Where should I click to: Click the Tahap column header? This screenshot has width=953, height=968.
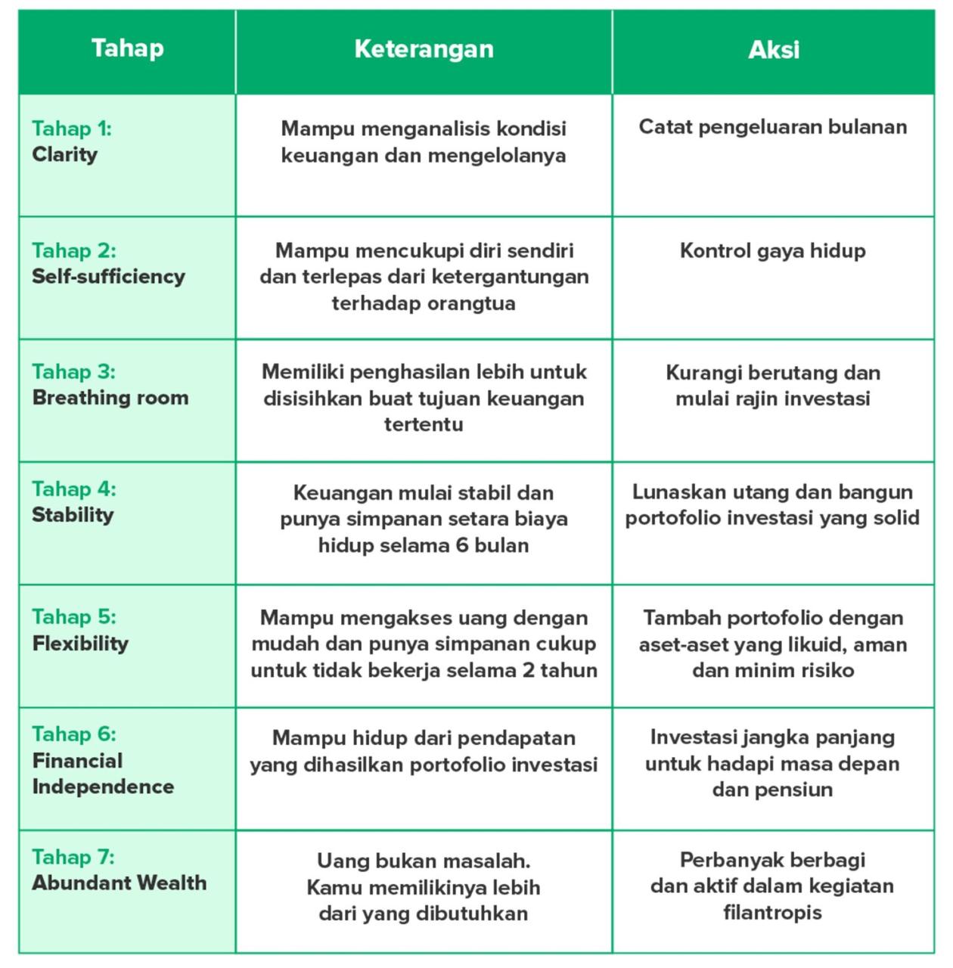pos(127,48)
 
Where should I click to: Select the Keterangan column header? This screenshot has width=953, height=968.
pos(424,49)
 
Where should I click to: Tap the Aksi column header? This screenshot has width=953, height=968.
pos(773,50)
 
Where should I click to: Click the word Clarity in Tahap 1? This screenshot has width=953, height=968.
pos(64,154)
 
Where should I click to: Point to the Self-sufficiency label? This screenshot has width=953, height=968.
pos(108,276)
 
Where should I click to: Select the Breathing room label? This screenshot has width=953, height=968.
pos(110,398)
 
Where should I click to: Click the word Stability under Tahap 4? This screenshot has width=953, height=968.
pos(73,515)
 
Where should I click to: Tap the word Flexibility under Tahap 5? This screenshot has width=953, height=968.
pos(80,644)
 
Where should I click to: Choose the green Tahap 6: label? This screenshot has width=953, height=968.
pos(74,734)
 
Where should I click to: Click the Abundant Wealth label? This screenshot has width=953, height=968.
pos(119,883)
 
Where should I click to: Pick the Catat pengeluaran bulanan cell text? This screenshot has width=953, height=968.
pos(772,126)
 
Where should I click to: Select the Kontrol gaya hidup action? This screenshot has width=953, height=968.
pos(772,250)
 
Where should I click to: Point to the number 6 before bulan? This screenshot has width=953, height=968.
pos(462,545)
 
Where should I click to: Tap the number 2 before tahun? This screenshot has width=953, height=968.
pos(528,670)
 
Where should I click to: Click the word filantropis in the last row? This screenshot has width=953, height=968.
pos(772,912)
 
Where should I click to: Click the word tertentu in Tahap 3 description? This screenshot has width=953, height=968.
pos(424,424)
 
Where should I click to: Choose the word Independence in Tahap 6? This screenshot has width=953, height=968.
pos(103,786)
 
